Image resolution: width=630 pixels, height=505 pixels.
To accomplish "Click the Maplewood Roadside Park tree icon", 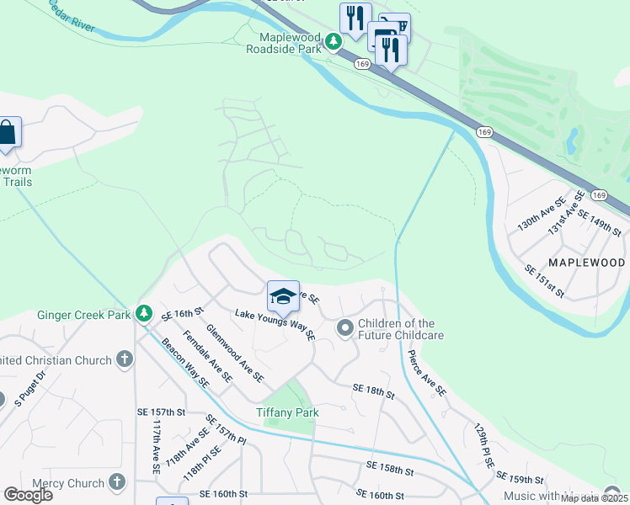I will (334, 40).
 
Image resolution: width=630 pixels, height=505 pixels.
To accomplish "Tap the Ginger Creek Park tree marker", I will (144, 313).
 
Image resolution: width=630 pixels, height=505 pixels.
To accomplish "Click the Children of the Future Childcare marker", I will (344, 327).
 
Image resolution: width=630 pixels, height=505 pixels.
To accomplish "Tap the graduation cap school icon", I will (283, 295).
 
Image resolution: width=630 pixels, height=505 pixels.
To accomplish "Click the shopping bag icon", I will (8, 133).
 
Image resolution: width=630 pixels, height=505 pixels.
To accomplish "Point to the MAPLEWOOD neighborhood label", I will (588, 263).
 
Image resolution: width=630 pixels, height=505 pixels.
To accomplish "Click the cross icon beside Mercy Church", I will (116, 483).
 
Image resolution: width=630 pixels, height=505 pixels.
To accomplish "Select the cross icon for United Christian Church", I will (124, 360).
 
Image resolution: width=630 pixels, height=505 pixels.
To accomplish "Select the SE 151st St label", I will (544, 280).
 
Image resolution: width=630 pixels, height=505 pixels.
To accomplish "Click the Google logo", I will (28, 494).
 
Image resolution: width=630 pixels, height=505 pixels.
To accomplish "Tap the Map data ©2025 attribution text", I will (593, 498).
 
